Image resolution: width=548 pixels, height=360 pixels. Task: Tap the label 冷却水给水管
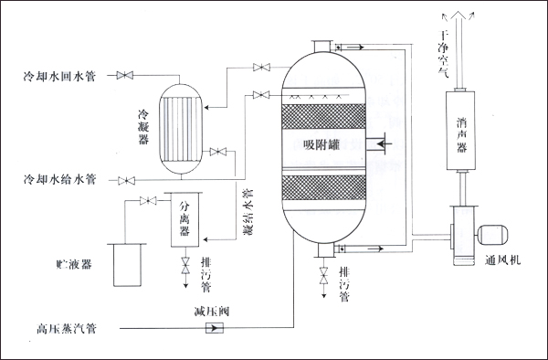tap(56, 178)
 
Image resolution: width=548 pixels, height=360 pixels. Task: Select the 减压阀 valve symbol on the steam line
tap(216, 326)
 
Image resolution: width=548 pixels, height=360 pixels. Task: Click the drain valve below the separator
tap(185, 266)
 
